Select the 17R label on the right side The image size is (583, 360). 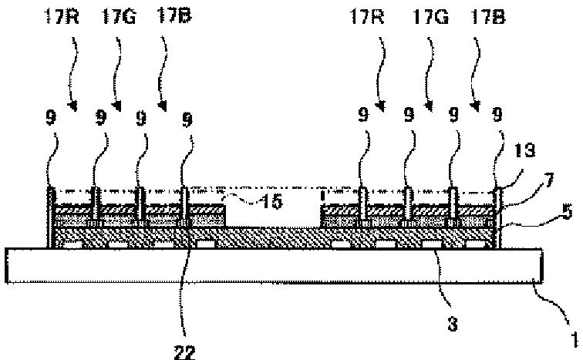pyautogui.click(x=375, y=15)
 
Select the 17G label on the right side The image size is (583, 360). pyautogui.click(x=427, y=15)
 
